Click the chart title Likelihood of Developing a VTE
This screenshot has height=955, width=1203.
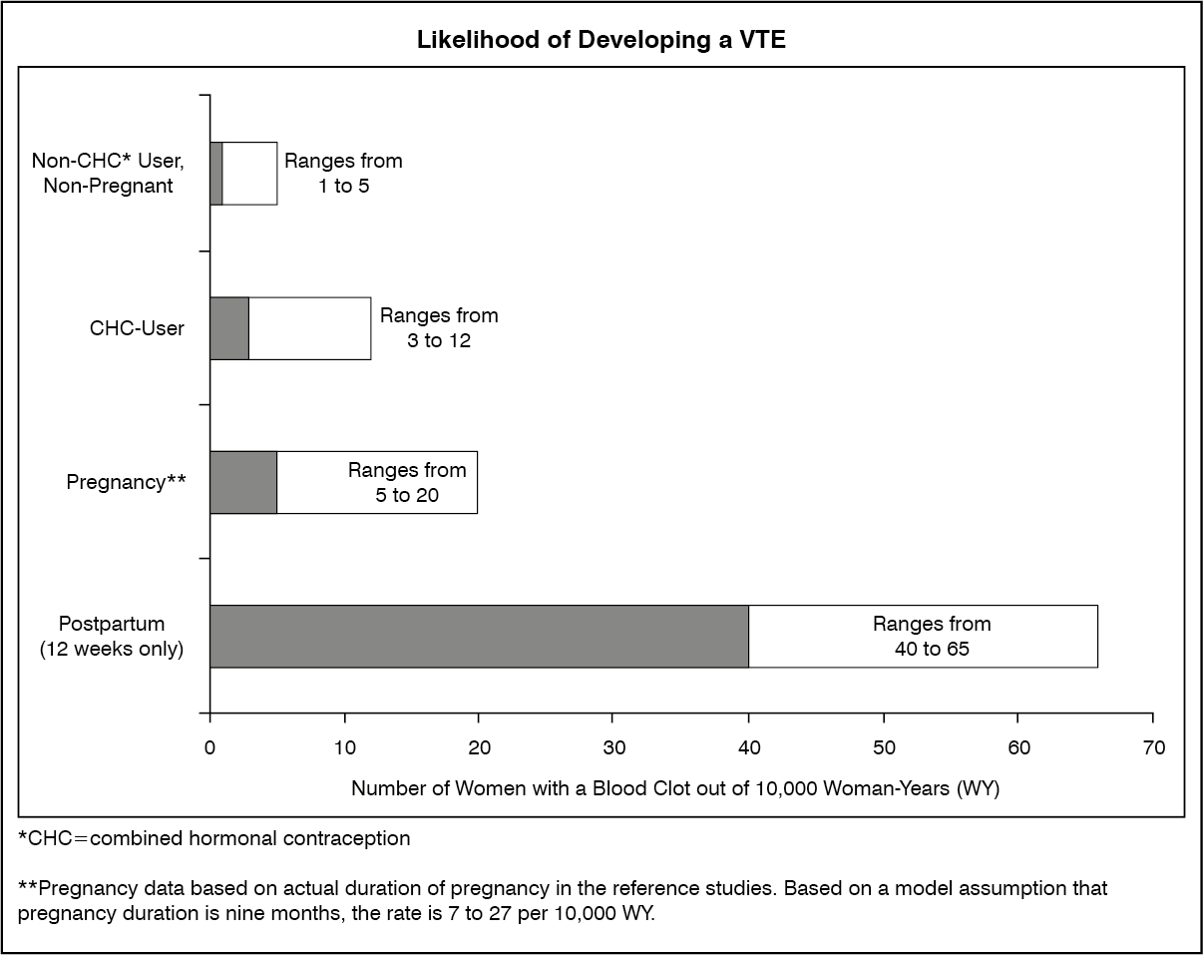coord(601,40)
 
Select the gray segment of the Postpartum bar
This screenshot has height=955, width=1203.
coord(479,636)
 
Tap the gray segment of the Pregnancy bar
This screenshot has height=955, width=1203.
coord(243,482)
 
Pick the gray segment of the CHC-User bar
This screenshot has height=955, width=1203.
coord(229,328)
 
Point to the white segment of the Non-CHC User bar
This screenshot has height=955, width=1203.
coord(250,174)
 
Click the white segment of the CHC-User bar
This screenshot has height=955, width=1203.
coord(309,328)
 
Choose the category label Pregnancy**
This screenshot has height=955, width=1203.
coord(126,482)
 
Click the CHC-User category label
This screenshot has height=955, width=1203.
coord(137,328)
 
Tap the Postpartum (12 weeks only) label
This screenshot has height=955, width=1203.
coord(112,636)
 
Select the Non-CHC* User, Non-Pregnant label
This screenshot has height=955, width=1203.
coord(108,173)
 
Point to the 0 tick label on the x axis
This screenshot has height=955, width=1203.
coord(209,748)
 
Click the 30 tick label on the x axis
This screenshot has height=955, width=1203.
coord(613,748)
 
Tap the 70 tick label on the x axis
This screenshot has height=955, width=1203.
coord(1154,748)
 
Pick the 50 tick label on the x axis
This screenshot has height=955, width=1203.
coord(884,748)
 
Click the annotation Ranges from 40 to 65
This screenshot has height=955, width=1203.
coord(932,636)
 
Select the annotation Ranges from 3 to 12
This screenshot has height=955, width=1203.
coord(439,328)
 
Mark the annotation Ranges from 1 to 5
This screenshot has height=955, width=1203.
coord(343,173)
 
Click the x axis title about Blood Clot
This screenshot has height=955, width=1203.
coord(674,788)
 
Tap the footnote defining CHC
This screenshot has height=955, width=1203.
coord(214,838)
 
